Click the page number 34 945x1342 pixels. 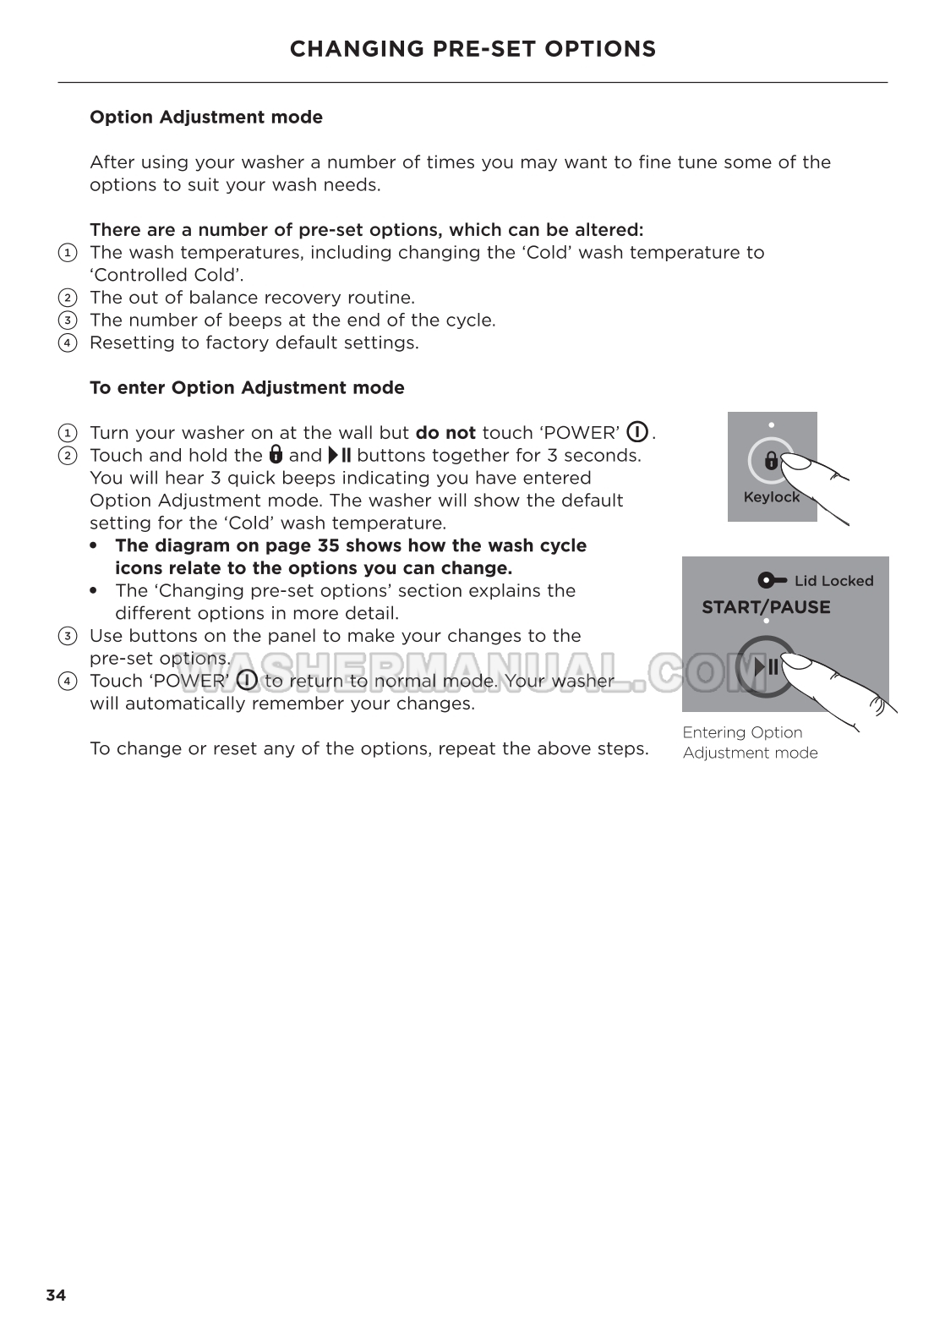[x=56, y=1295]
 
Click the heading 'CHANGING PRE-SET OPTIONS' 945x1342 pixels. [x=472, y=49]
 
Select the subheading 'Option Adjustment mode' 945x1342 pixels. [x=206, y=118]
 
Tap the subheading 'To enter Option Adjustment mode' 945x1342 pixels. [x=247, y=388]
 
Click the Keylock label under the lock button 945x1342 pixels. [x=771, y=497]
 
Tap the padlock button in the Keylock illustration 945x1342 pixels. [x=771, y=461]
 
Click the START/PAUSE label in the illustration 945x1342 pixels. [x=766, y=607]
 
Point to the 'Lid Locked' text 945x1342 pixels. [x=833, y=581]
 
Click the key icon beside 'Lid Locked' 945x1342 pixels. [x=773, y=581]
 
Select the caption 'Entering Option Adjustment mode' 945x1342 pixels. [x=750, y=742]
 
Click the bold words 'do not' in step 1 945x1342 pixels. [x=445, y=433]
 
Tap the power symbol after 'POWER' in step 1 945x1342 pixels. [x=637, y=432]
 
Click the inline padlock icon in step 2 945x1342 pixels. [x=276, y=455]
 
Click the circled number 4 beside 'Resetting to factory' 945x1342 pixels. [x=67, y=343]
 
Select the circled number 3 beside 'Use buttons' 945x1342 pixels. [x=67, y=636]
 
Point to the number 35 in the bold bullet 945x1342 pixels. [x=328, y=545]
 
